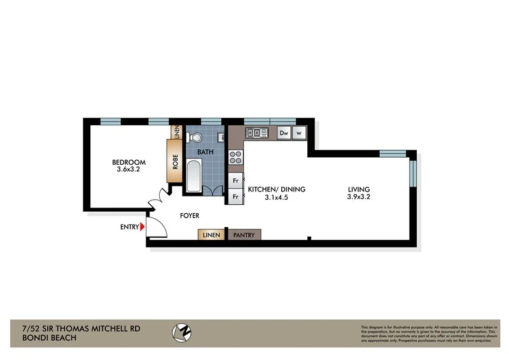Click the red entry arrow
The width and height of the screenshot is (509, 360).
click(x=143, y=226)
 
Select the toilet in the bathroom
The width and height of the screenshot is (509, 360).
click(x=195, y=136)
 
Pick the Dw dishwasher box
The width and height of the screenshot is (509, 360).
click(x=284, y=133)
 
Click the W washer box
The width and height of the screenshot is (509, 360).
click(x=299, y=133)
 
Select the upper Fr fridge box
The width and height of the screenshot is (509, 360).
click(x=235, y=181)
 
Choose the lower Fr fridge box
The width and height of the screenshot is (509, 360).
click(x=235, y=197)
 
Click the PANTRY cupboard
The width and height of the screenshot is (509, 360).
click(x=244, y=235)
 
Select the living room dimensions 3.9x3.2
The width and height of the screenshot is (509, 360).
click(x=359, y=197)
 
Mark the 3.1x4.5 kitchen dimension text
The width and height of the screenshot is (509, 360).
click(x=277, y=198)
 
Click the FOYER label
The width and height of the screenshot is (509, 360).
click(x=190, y=216)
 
